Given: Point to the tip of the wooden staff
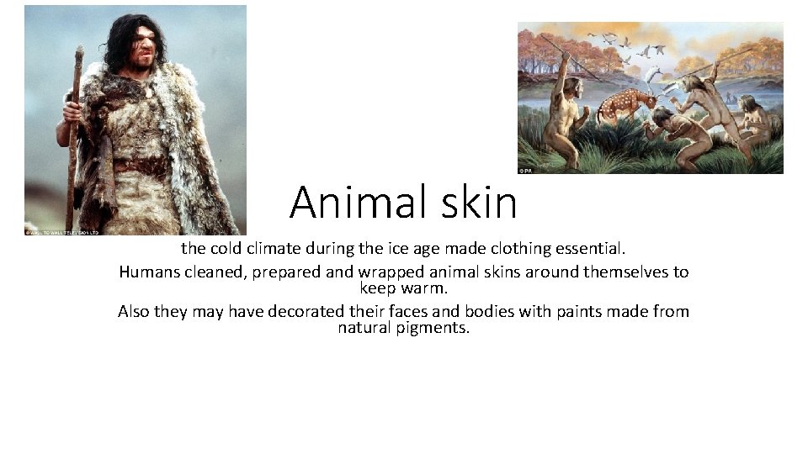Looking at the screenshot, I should [79, 50].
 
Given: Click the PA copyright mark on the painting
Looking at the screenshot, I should [525, 170].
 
